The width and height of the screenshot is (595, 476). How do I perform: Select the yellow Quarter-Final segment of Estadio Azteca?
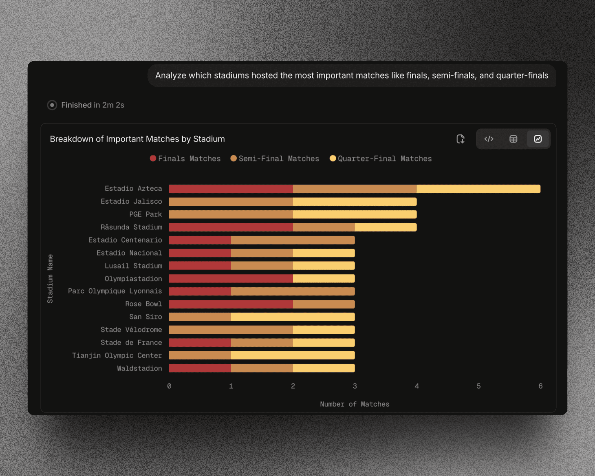pos(478,189)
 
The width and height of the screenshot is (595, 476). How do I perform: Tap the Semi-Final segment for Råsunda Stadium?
pos(324,227)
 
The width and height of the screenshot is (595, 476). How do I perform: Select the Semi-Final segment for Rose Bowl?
pos(324,304)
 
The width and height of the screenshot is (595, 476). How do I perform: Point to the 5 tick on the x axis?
pos(478,386)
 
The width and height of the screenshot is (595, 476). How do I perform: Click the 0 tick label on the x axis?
pos(169,386)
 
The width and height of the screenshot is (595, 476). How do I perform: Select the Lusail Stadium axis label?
pos(133,266)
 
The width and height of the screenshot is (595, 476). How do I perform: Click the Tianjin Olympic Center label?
pos(117,355)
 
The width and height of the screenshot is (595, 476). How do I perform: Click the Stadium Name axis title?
pos(50,279)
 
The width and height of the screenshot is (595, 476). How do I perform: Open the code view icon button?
pos(489,139)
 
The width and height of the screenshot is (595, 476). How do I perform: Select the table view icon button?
pos(513,139)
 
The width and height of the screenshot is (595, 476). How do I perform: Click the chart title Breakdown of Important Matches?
pos(137,139)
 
